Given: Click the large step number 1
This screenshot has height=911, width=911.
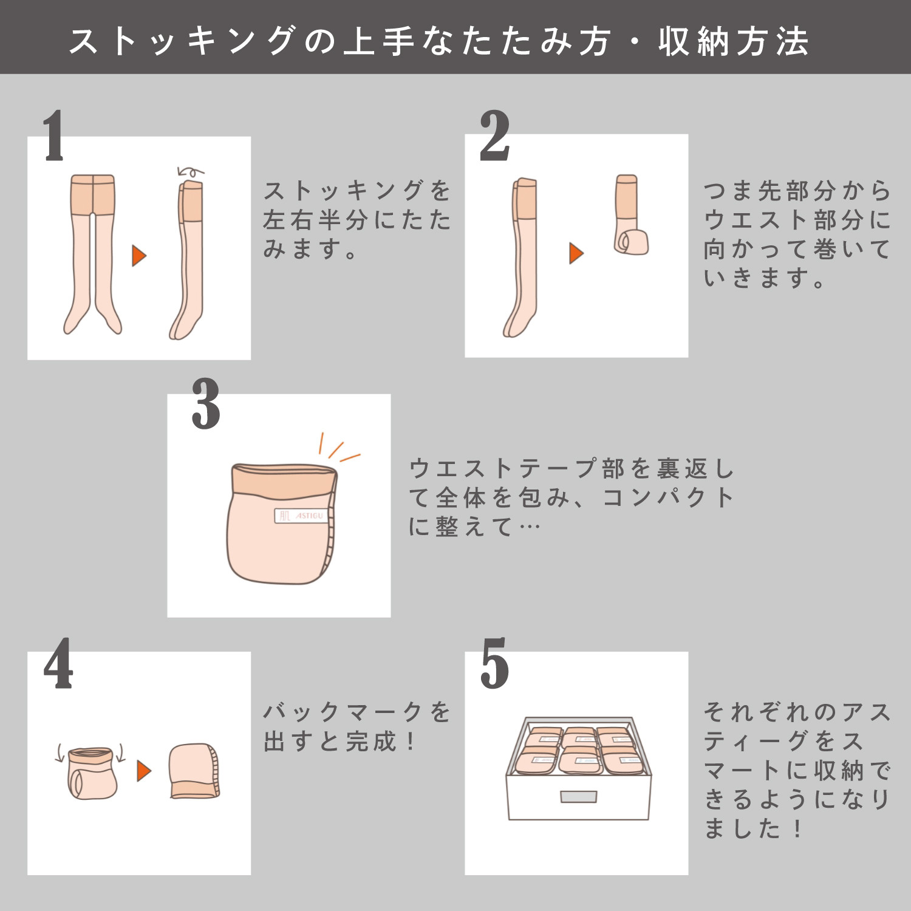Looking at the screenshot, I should pos(53,136).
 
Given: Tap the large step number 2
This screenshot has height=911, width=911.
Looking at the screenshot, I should pos(494,136).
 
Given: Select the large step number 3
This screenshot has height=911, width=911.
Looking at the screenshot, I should pos(206,403).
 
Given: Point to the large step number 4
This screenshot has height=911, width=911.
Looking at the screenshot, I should pos(58,664).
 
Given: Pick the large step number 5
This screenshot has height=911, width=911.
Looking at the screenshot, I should pos(494,664).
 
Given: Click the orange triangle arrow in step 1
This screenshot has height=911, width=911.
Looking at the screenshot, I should pos(139,256).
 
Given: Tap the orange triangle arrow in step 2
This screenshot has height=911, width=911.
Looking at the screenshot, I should pos(576,253).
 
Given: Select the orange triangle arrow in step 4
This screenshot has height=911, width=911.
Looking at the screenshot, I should pos(143,771).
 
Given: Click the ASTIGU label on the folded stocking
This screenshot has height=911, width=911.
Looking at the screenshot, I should pos(302,516).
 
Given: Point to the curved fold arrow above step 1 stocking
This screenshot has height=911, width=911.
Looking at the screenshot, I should pos(190,172).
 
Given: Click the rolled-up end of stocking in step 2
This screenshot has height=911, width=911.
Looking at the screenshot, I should pos(631,241).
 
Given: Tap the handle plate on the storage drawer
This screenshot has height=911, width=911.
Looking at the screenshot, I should pos(578,797).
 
